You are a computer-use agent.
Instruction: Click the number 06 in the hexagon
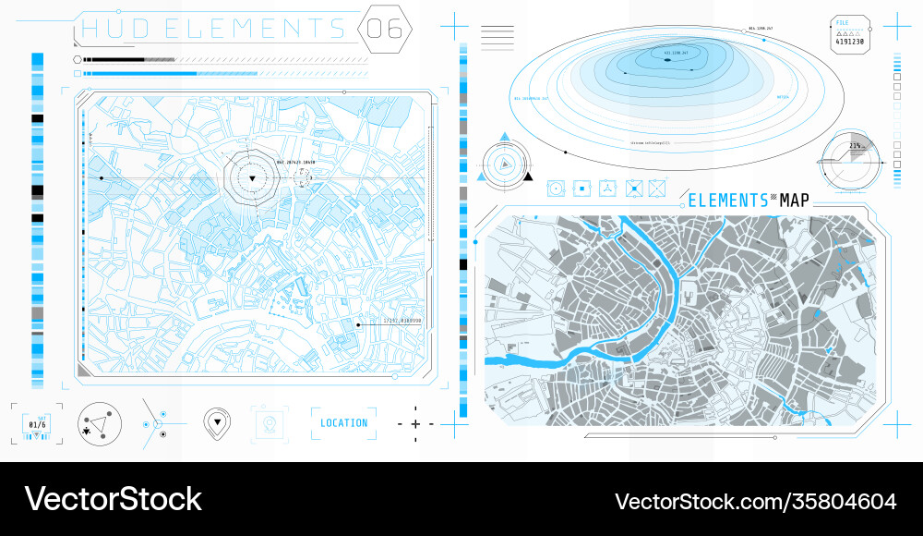(x=385, y=28)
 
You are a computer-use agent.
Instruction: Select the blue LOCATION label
(x=343, y=423)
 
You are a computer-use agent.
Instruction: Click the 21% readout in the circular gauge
(x=856, y=147)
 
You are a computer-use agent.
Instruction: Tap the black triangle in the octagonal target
(x=252, y=177)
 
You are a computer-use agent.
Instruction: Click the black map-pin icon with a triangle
(x=216, y=422)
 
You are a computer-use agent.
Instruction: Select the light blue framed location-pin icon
(x=270, y=423)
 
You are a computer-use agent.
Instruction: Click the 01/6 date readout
(x=38, y=424)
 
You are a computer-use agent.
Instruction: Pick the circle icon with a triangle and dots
(x=100, y=423)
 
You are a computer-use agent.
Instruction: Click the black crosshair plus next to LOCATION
(x=415, y=423)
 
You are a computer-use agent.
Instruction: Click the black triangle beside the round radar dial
(x=528, y=176)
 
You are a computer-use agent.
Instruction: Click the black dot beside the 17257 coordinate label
(x=358, y=324)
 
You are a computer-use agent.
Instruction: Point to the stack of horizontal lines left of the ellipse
(x=497, y=37)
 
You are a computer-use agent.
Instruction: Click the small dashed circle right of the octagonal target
(x=304, y=177)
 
